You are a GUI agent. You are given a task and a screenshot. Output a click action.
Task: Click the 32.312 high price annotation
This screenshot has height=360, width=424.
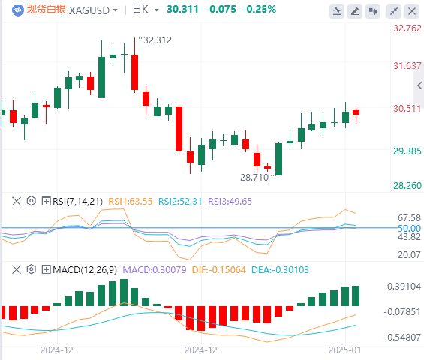tap(158, 40)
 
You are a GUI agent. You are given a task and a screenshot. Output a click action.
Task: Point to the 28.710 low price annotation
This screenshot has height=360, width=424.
tap(254, 178)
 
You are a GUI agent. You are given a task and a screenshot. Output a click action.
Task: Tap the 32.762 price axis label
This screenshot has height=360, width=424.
tap(407, 28)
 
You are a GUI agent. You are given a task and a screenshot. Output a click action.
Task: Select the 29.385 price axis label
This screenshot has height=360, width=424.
tap(407, 151)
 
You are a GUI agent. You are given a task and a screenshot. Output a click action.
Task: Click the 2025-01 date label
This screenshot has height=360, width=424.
tap(344, 350)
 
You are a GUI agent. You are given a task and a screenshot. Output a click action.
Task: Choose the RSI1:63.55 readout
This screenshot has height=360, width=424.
tap(131, 201)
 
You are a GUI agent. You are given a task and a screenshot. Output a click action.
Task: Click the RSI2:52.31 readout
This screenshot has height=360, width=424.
tap(180, 201)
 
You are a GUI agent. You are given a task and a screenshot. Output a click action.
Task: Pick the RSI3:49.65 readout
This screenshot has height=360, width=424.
tap(230, 201)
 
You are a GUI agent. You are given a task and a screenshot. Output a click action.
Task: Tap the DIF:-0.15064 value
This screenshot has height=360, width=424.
tap(219, 270)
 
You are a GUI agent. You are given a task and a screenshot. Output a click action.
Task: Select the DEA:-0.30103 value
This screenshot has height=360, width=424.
tap(280, 270)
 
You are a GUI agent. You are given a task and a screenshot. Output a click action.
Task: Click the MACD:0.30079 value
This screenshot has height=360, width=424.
tap(155, 270)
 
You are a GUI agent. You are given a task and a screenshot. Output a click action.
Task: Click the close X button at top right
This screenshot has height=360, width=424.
tap(412, 11)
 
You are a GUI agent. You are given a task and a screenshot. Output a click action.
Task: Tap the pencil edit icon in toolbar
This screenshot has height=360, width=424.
tap(355, 11)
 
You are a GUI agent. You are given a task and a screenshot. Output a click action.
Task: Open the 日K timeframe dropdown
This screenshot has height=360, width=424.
tap(146, 10)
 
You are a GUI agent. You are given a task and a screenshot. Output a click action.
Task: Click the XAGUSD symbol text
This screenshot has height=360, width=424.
tap(89, 10)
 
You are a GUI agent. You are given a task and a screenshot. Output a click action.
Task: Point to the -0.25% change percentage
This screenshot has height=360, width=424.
tap(260, 10)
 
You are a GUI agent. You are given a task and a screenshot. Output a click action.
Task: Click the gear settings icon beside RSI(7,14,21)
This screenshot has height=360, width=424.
tap(32, 201)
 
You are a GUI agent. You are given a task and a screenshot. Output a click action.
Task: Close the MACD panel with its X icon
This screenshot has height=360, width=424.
tap(17, 269)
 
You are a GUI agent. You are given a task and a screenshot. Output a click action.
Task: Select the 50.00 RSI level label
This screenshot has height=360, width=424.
tap(410, 229)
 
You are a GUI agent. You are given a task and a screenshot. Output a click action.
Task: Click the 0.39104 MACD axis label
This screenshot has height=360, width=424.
tap(404, 286)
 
